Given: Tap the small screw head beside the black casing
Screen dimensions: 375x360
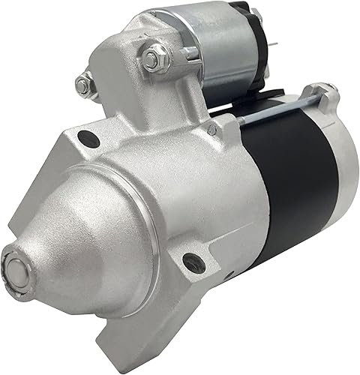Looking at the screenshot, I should [x=213, y=130].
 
